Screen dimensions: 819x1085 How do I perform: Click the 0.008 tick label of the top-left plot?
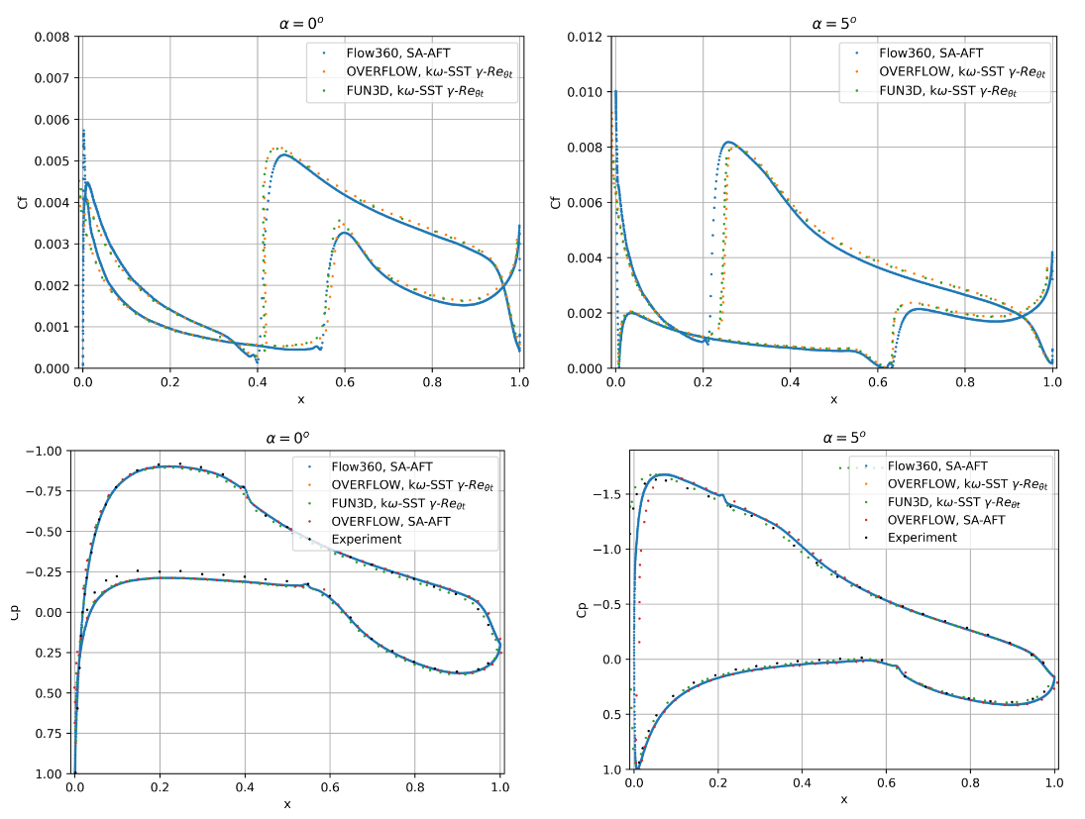(x=52, y=38)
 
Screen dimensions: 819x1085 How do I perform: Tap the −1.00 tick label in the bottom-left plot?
(x=48, y=451)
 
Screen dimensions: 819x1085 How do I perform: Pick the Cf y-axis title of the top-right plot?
(x=556, y=203)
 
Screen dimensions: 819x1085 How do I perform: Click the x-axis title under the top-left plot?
(x=301, y=399)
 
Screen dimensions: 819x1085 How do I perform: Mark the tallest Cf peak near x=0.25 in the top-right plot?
(x=729, y=143)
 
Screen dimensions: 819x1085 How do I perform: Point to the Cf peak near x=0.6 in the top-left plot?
(x=343, y=232)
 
